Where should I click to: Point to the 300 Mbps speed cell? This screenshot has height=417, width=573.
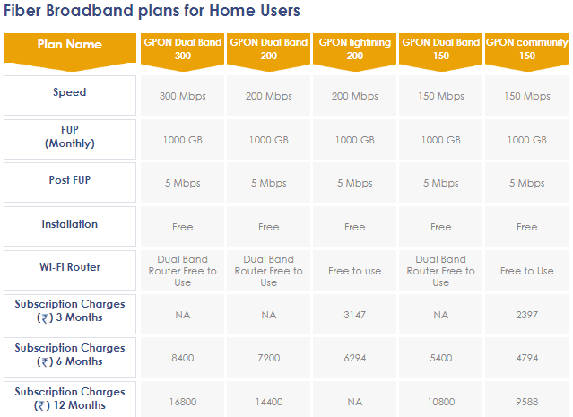tap(182, 96)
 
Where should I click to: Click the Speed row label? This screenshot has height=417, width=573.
tap(70, 92)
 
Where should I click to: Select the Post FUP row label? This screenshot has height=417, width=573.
tap(70, 180)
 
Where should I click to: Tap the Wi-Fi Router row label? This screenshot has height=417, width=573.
tap(70, 267)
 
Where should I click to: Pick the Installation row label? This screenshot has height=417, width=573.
tap(70, 223)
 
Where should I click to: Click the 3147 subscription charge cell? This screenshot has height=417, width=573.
tap(354, 315)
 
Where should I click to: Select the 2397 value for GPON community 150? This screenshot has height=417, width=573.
tap(526, 315)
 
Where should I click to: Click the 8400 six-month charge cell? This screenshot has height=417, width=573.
tap(182, 358)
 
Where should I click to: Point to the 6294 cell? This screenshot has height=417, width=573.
tap(354, 358)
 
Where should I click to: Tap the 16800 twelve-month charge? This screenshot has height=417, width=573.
tap(182, 402)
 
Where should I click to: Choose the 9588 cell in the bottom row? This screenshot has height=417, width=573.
tap(526, 402)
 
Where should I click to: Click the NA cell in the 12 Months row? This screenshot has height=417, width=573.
tap(354, 402)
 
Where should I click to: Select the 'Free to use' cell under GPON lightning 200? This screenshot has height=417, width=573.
tap(354, 271)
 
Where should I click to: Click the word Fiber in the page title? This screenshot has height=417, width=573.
tap(22, 10)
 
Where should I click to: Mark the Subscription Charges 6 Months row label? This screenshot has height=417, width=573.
tap(70, 354)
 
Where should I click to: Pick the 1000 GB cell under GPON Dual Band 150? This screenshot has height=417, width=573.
tap(440, 140)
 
